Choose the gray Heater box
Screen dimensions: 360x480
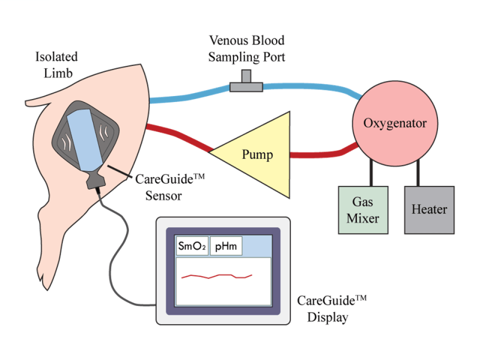(x=428, y=209)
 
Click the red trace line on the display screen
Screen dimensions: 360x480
(x=216, y=277)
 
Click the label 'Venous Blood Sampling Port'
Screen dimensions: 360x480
(x=246, y=49)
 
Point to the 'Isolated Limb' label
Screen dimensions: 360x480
(x=56, y=65)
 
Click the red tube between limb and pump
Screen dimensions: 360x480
(x=180, y=135)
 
